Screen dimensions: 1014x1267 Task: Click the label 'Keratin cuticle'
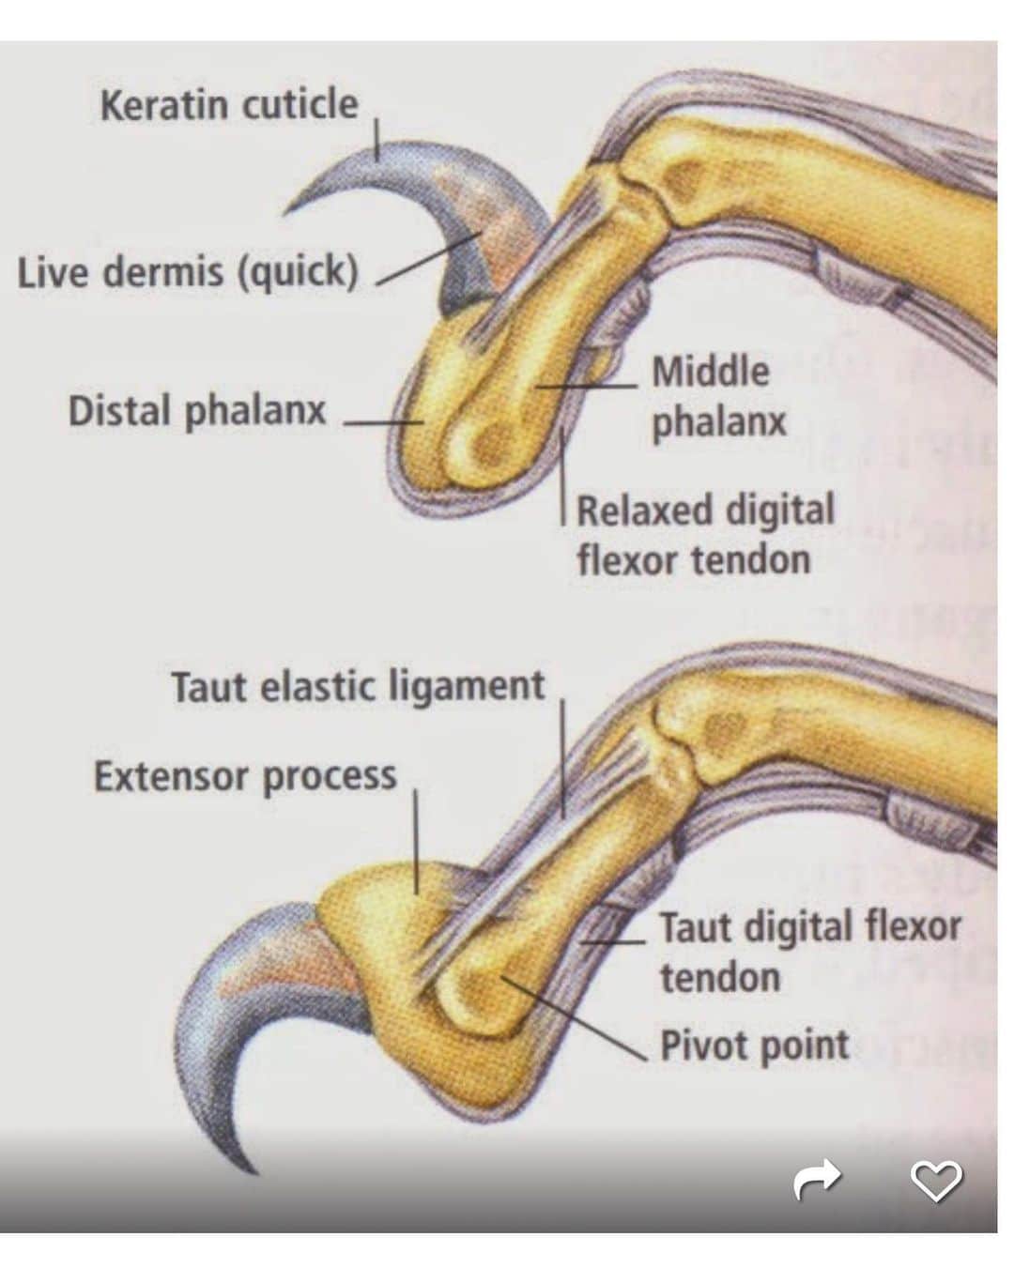(229, 105)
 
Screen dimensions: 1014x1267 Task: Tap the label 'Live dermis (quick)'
(188, 272)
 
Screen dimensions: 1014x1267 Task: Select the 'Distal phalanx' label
(197, 410)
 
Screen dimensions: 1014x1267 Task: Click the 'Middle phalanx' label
(719, 396)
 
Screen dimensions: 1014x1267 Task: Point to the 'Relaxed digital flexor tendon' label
(705, 535)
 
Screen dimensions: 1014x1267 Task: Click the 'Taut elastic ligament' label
(359, 687)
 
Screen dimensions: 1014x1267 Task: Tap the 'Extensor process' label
(245, 775)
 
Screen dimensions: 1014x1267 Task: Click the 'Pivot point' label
(755, 1045)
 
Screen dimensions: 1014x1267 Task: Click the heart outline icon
(936, 1180)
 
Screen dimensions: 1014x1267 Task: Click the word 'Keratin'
(163, 105)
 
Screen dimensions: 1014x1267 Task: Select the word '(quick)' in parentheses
(299, 273)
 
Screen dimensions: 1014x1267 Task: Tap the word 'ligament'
(467, 687)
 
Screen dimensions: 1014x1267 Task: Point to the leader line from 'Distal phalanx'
(384, 422)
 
